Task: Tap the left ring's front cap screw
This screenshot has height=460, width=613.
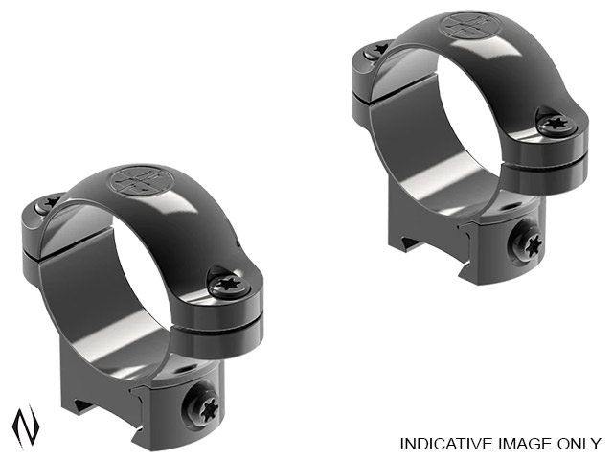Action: click(x=229, y=287)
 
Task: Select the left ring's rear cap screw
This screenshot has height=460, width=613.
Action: click(x=49, y=203)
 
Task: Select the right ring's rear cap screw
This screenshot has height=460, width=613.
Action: click(x=377, y=49)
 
